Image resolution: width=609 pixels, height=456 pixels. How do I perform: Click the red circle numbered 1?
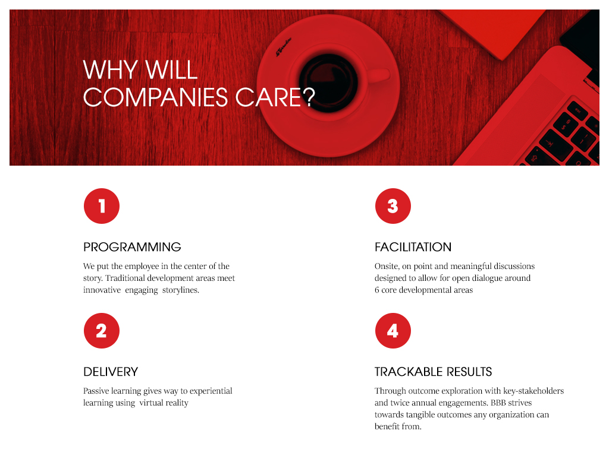102,206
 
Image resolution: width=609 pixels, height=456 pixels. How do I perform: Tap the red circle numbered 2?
102,331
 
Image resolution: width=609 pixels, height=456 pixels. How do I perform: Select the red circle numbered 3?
393,206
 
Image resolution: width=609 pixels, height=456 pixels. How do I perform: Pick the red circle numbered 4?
393,331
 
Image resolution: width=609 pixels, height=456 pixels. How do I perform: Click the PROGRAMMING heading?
132,247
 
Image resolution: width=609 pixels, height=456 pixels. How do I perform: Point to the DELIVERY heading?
111,372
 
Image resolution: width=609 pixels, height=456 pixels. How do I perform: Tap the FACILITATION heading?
413,247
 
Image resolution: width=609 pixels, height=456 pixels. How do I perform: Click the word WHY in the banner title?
110,70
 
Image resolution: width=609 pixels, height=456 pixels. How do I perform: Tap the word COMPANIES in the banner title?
155,97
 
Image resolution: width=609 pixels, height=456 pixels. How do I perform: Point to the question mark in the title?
309,97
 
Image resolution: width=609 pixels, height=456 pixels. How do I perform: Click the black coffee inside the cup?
328,83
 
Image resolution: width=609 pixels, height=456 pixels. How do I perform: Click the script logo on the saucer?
284,47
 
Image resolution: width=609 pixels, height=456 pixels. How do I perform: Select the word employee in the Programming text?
142,267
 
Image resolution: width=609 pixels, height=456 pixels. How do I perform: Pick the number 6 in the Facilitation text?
376,290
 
